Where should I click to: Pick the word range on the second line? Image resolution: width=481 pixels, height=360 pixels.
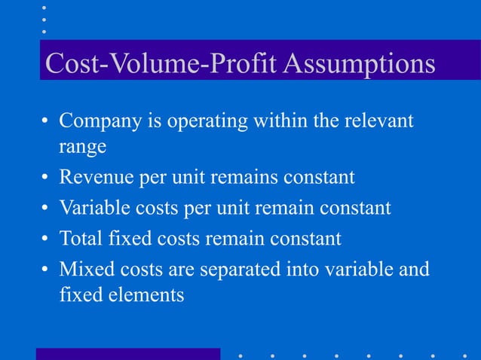82,147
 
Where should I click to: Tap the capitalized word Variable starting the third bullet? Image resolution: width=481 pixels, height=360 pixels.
93,208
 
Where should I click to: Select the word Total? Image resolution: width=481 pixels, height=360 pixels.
81,238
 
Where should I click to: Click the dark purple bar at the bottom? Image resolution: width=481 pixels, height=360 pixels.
127,353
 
